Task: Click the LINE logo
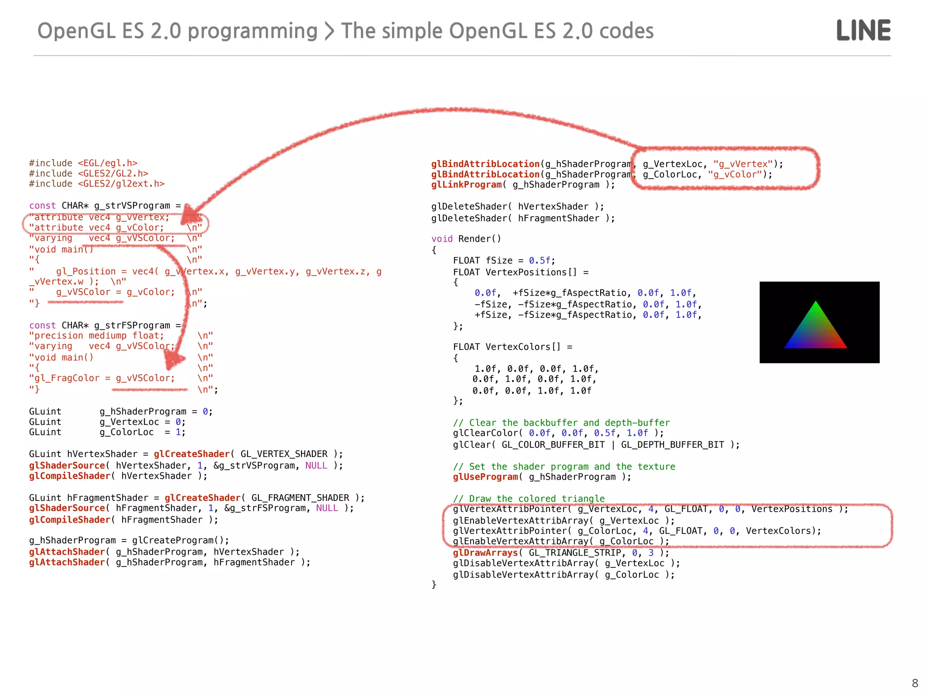pos(863,30)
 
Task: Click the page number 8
pos(915,683)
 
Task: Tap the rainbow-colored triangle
pos(816,328)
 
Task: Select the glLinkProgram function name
pos(466,185)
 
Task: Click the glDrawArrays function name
pos(485,553)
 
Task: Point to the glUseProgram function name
pos(485,477)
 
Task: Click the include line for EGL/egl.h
pos(83,163)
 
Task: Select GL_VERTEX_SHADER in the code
pos(284,454)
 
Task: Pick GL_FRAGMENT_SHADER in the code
pos(300,498)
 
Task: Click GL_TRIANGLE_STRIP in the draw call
pos(575,553)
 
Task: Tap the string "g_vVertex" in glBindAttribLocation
pos(743,164)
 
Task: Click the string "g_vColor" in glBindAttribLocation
pos(735,175)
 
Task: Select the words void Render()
pos(466,239)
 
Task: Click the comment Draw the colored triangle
pos(529,499)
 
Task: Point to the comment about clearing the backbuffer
pos(561,423)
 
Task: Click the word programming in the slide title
pos(252,31)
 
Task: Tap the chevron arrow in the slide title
pos(330,31)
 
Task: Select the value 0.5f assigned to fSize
pos(540,261)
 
